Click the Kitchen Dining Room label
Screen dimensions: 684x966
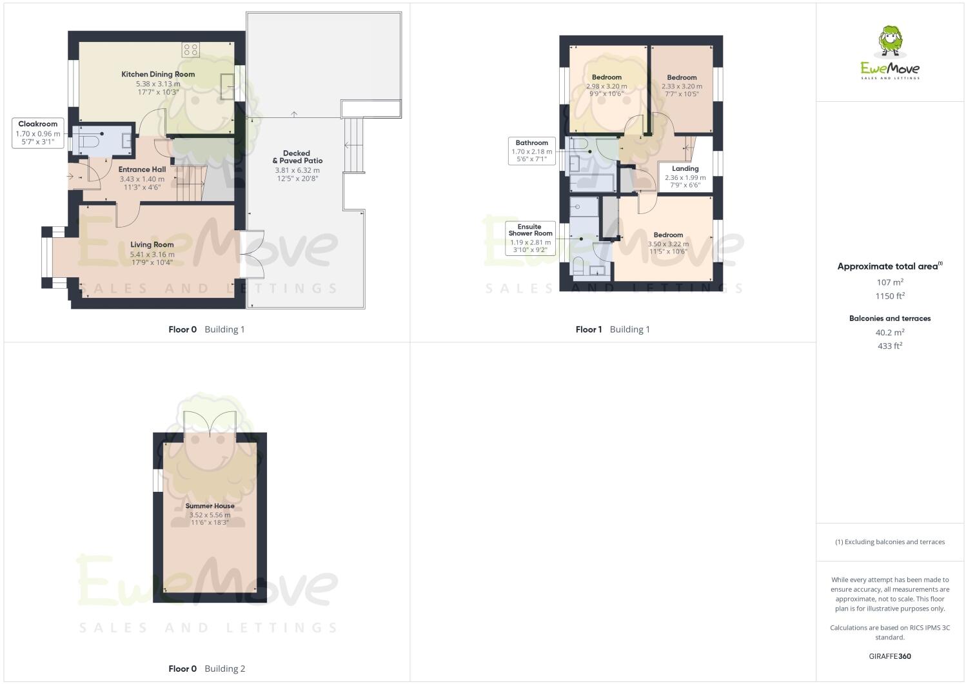coord(158,74)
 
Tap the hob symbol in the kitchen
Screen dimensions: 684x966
coord(191,50)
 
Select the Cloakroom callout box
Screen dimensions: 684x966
coord(38,133)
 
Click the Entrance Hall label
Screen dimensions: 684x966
coord(142,170)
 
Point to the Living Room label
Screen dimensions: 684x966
coord(152,245)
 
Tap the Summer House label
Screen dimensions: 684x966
coord(210,506)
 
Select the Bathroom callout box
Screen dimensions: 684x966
coord(531,151)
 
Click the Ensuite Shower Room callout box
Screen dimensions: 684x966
coord(530,239)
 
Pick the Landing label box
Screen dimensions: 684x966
coord(685,177)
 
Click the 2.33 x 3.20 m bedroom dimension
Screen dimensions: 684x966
coord(682,86)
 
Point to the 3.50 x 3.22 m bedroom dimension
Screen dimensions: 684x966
coord(668,244)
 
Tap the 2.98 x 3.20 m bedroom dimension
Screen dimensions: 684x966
coord(606,86)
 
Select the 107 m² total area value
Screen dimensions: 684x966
coord(889,282)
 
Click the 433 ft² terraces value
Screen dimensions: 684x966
coord(889,346)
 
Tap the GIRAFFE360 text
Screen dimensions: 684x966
coord(889,656)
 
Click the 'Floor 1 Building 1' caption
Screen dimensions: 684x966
coord(613,329)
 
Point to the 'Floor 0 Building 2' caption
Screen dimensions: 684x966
coord(206,669)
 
